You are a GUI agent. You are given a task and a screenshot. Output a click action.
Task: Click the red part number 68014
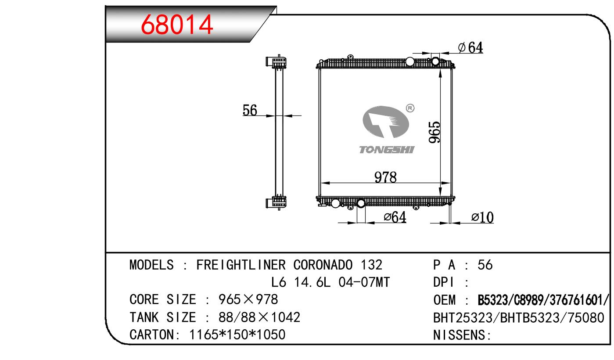pos(177,25)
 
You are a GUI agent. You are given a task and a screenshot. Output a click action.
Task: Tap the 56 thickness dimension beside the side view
pos(250,110)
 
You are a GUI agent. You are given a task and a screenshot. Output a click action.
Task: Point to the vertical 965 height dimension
pos(434,132)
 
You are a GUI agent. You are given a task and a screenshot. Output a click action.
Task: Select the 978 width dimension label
pos(385,177)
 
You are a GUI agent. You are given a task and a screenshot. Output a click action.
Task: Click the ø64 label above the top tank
pos(470,47)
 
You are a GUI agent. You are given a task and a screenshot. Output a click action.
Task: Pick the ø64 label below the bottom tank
pos(395,217)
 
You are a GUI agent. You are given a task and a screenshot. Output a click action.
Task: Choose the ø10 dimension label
pos(482,217)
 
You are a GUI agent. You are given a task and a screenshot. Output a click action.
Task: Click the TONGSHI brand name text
pos(387,150)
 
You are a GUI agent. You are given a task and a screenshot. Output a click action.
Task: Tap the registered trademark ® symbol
pos(410,108)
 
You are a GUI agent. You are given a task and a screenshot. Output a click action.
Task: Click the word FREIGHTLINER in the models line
pos(241,265)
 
